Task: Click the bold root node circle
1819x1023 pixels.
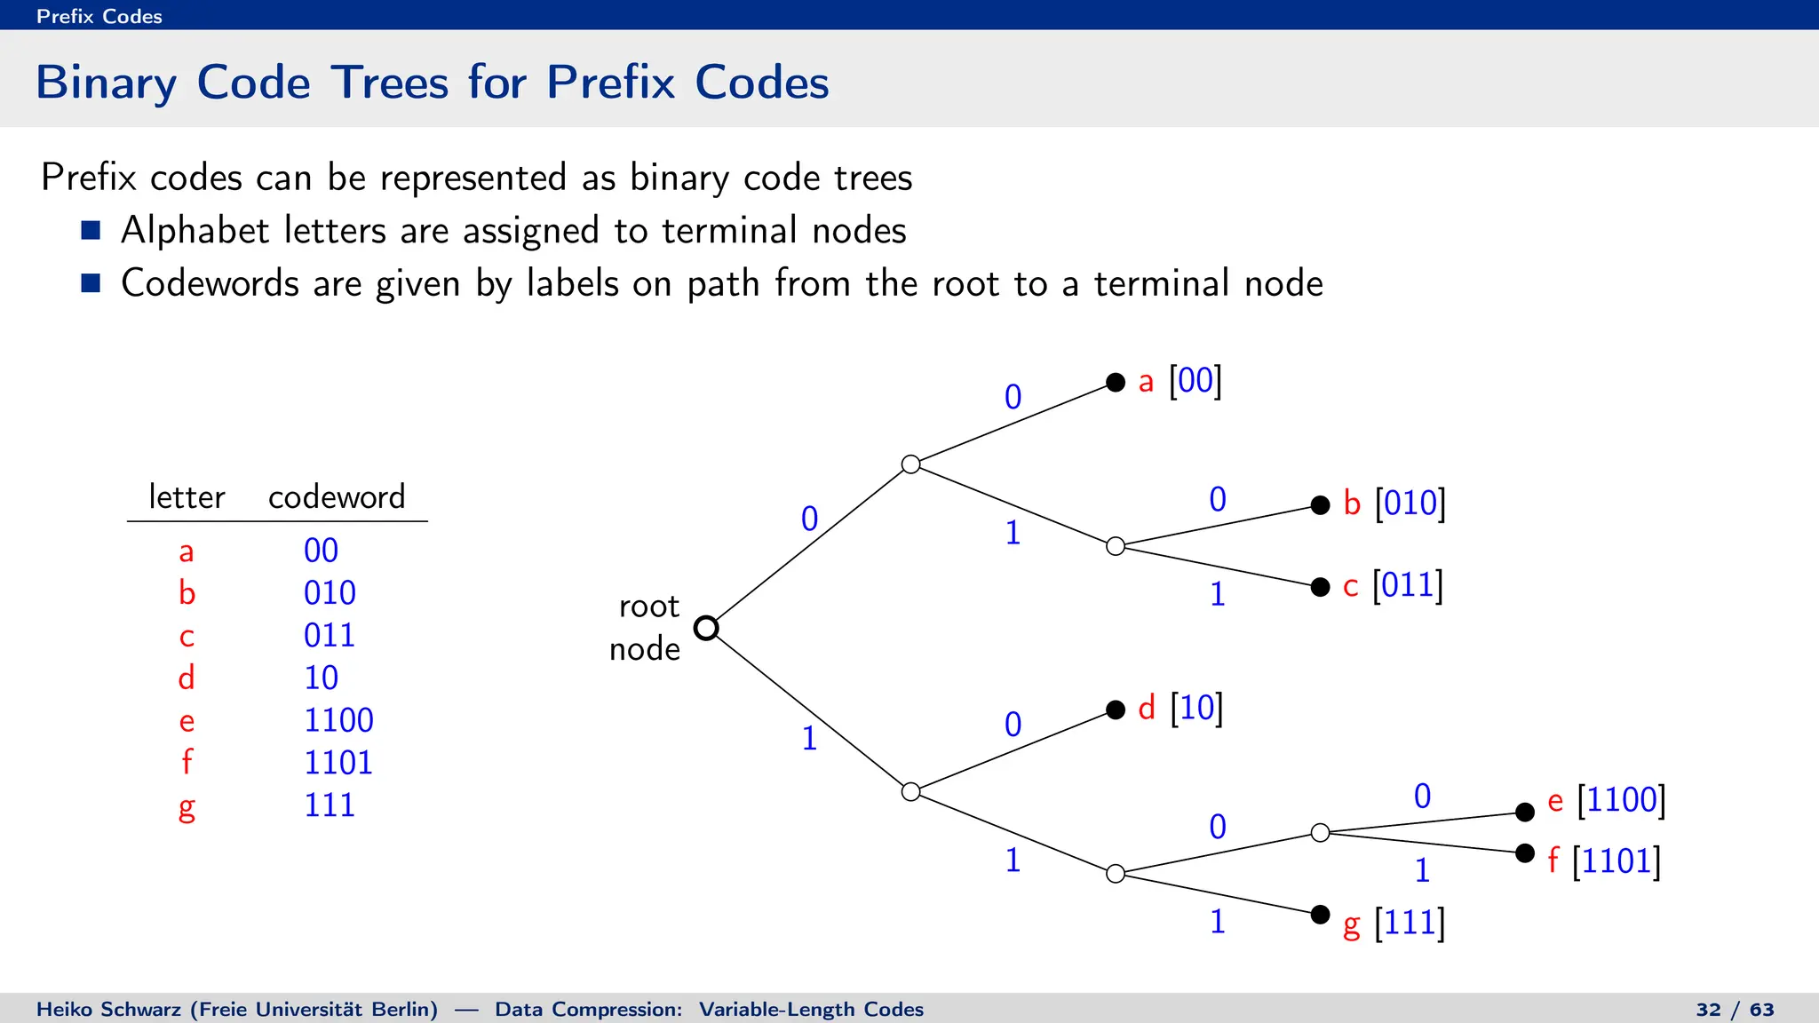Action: [706, 628]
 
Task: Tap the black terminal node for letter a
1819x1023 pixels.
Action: [1116, 383]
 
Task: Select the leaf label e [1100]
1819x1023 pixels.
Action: [1606, 800]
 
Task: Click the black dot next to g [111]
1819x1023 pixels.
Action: [1320, 915]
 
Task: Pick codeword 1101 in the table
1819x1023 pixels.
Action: [338, 763]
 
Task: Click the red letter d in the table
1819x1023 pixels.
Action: [187, 678]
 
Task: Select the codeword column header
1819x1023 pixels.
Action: [337, 496]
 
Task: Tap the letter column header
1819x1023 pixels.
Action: [187, 496]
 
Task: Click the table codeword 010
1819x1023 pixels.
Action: [330, 593]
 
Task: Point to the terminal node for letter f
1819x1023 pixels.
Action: [1525, 853]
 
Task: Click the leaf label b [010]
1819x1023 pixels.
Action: [1394, 504]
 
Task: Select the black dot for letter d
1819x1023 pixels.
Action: [1116, 710]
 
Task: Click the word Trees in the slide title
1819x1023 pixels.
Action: [390, 83]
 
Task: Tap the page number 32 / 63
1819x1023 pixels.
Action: [1735, 1010]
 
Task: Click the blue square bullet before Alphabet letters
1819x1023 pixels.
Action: [91, 231]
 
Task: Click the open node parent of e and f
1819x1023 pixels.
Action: [1320, 833]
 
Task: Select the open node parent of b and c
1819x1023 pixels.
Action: [1116, 546]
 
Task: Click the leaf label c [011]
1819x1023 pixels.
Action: [1392, 586]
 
